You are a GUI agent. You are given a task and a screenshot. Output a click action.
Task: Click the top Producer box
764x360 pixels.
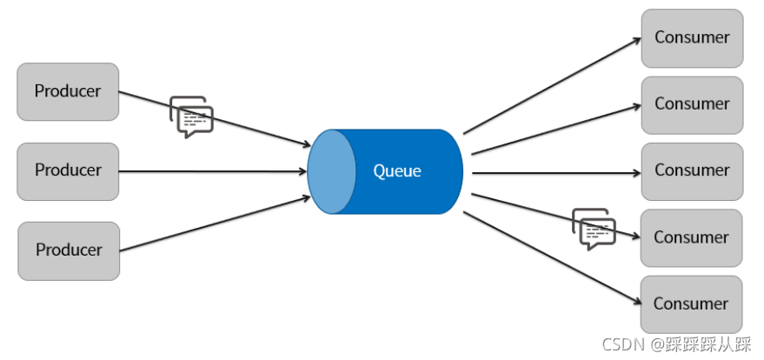coord(68,91)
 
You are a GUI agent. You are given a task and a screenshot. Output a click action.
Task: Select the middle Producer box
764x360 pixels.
coord(68,171)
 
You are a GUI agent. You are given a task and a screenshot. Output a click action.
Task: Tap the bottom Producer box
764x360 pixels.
coord(69,251)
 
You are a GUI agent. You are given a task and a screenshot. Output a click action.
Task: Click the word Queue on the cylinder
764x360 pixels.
coord(397,171)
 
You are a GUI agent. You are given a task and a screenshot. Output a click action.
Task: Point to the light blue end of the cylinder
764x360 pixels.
coord(332,171)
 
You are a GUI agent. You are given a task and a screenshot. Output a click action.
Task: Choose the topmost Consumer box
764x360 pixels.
coord(692,38)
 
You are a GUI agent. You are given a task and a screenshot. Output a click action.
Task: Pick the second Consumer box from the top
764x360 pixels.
coord(692,104)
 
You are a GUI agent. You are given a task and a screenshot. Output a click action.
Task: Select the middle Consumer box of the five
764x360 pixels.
coord(692,171)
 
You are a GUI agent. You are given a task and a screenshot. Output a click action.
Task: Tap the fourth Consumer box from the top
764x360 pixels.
coord(691,237)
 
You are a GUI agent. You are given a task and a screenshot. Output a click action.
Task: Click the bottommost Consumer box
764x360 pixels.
coord(691,304)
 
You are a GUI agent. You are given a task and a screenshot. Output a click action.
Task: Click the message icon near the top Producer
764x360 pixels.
coord(191,117)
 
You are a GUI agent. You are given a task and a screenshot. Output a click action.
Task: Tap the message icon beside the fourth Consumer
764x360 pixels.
coord(594,229)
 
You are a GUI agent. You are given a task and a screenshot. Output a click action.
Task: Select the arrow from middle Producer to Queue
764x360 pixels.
coord(213,171)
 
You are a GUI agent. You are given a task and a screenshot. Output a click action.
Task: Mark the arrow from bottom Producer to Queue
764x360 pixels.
coord(215,224)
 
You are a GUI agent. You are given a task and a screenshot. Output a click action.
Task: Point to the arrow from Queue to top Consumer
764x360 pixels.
coord(552,86)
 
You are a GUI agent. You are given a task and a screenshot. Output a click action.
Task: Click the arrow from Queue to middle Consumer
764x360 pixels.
coord(556,173)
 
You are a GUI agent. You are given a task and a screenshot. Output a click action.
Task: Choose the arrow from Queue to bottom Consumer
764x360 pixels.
coord(553,258)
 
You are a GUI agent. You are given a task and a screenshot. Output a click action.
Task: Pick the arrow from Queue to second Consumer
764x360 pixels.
coord(556,130)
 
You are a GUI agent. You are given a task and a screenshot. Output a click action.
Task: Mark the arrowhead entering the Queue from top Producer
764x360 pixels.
coord(306,143)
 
